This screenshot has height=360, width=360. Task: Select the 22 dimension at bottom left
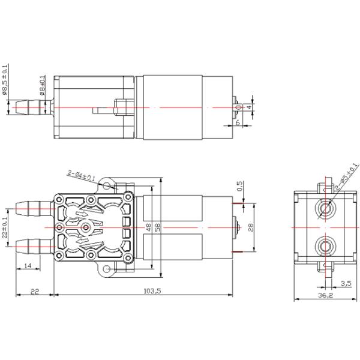[34, 290]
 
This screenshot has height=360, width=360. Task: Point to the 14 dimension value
[28, 265]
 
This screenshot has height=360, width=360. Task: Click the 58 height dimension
[158, 228]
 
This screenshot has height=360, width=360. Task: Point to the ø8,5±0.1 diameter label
[5, 80]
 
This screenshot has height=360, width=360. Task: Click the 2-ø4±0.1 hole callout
[82, 176]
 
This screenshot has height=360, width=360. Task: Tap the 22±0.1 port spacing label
[5, 228]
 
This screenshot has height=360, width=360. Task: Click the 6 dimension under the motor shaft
[238, 122]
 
